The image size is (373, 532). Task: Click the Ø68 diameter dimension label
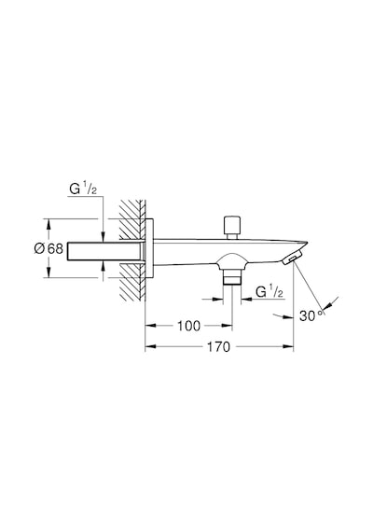point(48,248)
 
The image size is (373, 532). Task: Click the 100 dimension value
point(189,326)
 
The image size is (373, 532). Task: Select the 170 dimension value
point(218,347)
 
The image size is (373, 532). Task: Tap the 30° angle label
point(311,315)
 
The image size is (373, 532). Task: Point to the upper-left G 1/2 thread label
point(83,189)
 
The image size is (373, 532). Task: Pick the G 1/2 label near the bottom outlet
point(269,291)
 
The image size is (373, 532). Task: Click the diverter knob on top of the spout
point(232,227)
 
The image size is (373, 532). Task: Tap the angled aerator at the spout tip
point(292,257)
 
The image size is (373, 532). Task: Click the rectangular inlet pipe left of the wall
point(104,251)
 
